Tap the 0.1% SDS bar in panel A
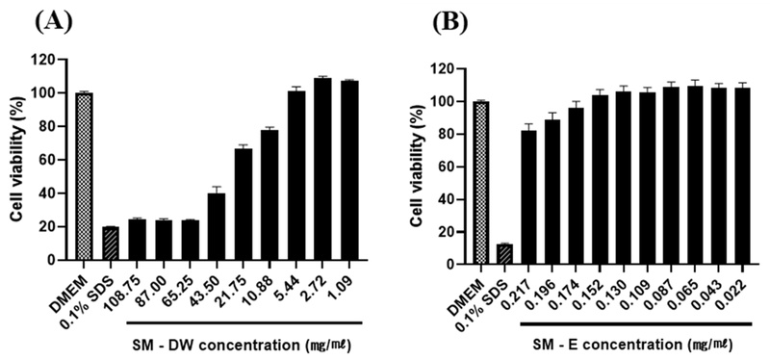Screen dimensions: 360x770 pyautogui.click(x=111, y=244)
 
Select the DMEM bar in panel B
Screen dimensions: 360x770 pyautogui.click(x=480, y=182)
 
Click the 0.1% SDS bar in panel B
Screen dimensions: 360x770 pyautogui.click(x=503, y=253)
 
